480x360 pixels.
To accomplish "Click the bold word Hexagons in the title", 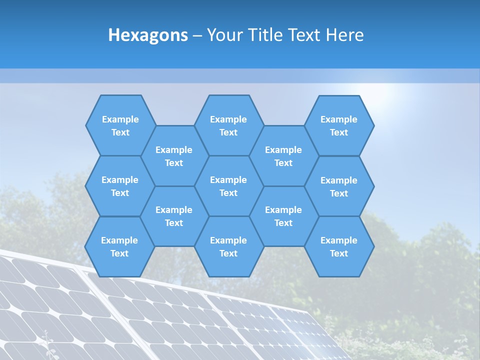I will pos(148,35).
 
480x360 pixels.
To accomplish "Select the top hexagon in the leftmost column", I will pos(120,125).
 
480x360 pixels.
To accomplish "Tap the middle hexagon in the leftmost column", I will pos(120,186).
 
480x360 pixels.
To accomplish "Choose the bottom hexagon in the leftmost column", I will pos(119,246).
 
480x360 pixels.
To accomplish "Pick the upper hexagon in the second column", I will pos(174,156).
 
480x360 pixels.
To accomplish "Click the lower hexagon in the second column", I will pos(174,216).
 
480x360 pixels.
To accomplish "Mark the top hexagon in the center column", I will pos(228,125).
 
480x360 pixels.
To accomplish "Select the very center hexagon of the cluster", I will pos(228,186).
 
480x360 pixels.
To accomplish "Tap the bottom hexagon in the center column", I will pos(228,246).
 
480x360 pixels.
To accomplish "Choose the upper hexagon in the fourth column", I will pos(283,156).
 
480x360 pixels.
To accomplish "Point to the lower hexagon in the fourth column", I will pos(283,216).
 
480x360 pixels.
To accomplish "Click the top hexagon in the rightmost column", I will pos(339,125).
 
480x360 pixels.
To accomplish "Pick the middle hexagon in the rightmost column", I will pos(339,186).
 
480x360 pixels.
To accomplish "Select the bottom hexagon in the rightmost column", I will pos(339,246).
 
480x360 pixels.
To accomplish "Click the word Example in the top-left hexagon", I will pos(120,119).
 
